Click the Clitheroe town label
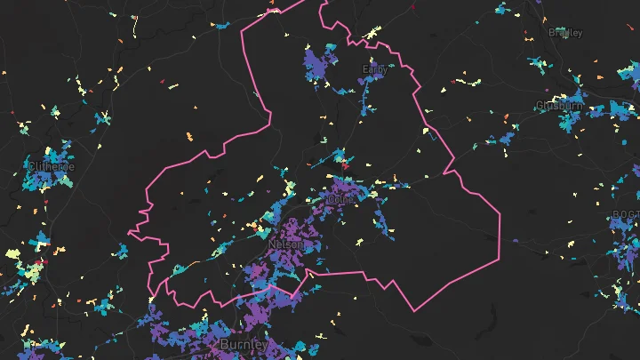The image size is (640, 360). pos(51,166)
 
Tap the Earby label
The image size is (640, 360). pos(375,68)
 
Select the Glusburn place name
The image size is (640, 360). pos(559,106)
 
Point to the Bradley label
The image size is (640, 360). pos(565,33)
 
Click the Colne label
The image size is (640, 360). pos(340,200)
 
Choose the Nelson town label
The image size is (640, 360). pos(286,244)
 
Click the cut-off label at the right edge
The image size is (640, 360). pos(626,215)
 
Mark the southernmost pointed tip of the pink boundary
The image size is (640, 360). pos(415,310)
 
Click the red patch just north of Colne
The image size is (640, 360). pos(345,164)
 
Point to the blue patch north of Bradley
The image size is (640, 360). pos(504,10)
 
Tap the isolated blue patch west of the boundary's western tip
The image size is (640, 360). pos(122,250)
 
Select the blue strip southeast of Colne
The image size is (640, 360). pos(384,222)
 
